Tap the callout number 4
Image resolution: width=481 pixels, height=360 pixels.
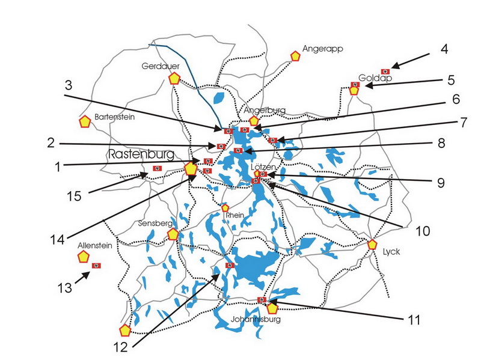coord(444,49)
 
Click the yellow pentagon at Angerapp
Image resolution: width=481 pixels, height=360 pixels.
coord(295,56)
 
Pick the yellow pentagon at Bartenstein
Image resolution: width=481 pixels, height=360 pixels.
coord(85,121)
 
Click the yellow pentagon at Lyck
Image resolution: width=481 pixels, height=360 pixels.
coord(372,245)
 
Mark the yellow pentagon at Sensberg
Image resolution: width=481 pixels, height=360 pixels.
coord(173,234)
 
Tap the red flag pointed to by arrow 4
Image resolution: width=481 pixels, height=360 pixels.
coord(385,72)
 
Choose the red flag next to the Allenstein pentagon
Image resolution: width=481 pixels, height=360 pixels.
coord(96,265)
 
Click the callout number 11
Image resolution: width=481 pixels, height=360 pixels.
coord(412,320)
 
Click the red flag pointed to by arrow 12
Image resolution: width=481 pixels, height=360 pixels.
coord(228,265)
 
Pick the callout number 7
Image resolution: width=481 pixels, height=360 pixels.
coord(464,122)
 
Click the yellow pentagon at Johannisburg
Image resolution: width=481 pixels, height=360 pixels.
coord(272,308)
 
